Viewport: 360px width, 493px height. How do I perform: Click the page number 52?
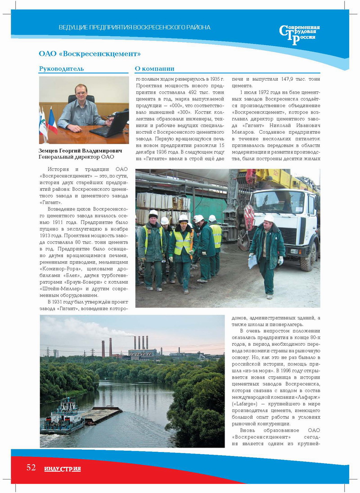(x=31, y=467)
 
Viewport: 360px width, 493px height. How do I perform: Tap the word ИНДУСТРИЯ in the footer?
(x=63, y=469)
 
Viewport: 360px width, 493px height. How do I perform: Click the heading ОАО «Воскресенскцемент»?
(x=90, y=54)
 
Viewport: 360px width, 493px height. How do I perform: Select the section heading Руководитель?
(x=61, y=69)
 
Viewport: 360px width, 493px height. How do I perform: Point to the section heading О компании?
(x=154, y=69)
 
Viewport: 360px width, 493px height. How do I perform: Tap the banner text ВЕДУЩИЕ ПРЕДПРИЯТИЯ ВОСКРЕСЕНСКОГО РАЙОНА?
(x=135, y=27)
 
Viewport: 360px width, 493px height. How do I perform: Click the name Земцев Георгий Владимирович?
(x=75, y=150)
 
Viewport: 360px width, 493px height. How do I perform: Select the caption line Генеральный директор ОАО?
(x=76, y=157)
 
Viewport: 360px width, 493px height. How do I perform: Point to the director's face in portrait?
(x=81, y=93)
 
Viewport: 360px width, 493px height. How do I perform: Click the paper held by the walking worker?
(x=253, y=261)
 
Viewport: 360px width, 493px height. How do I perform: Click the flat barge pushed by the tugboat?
(x=101, y=413)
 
